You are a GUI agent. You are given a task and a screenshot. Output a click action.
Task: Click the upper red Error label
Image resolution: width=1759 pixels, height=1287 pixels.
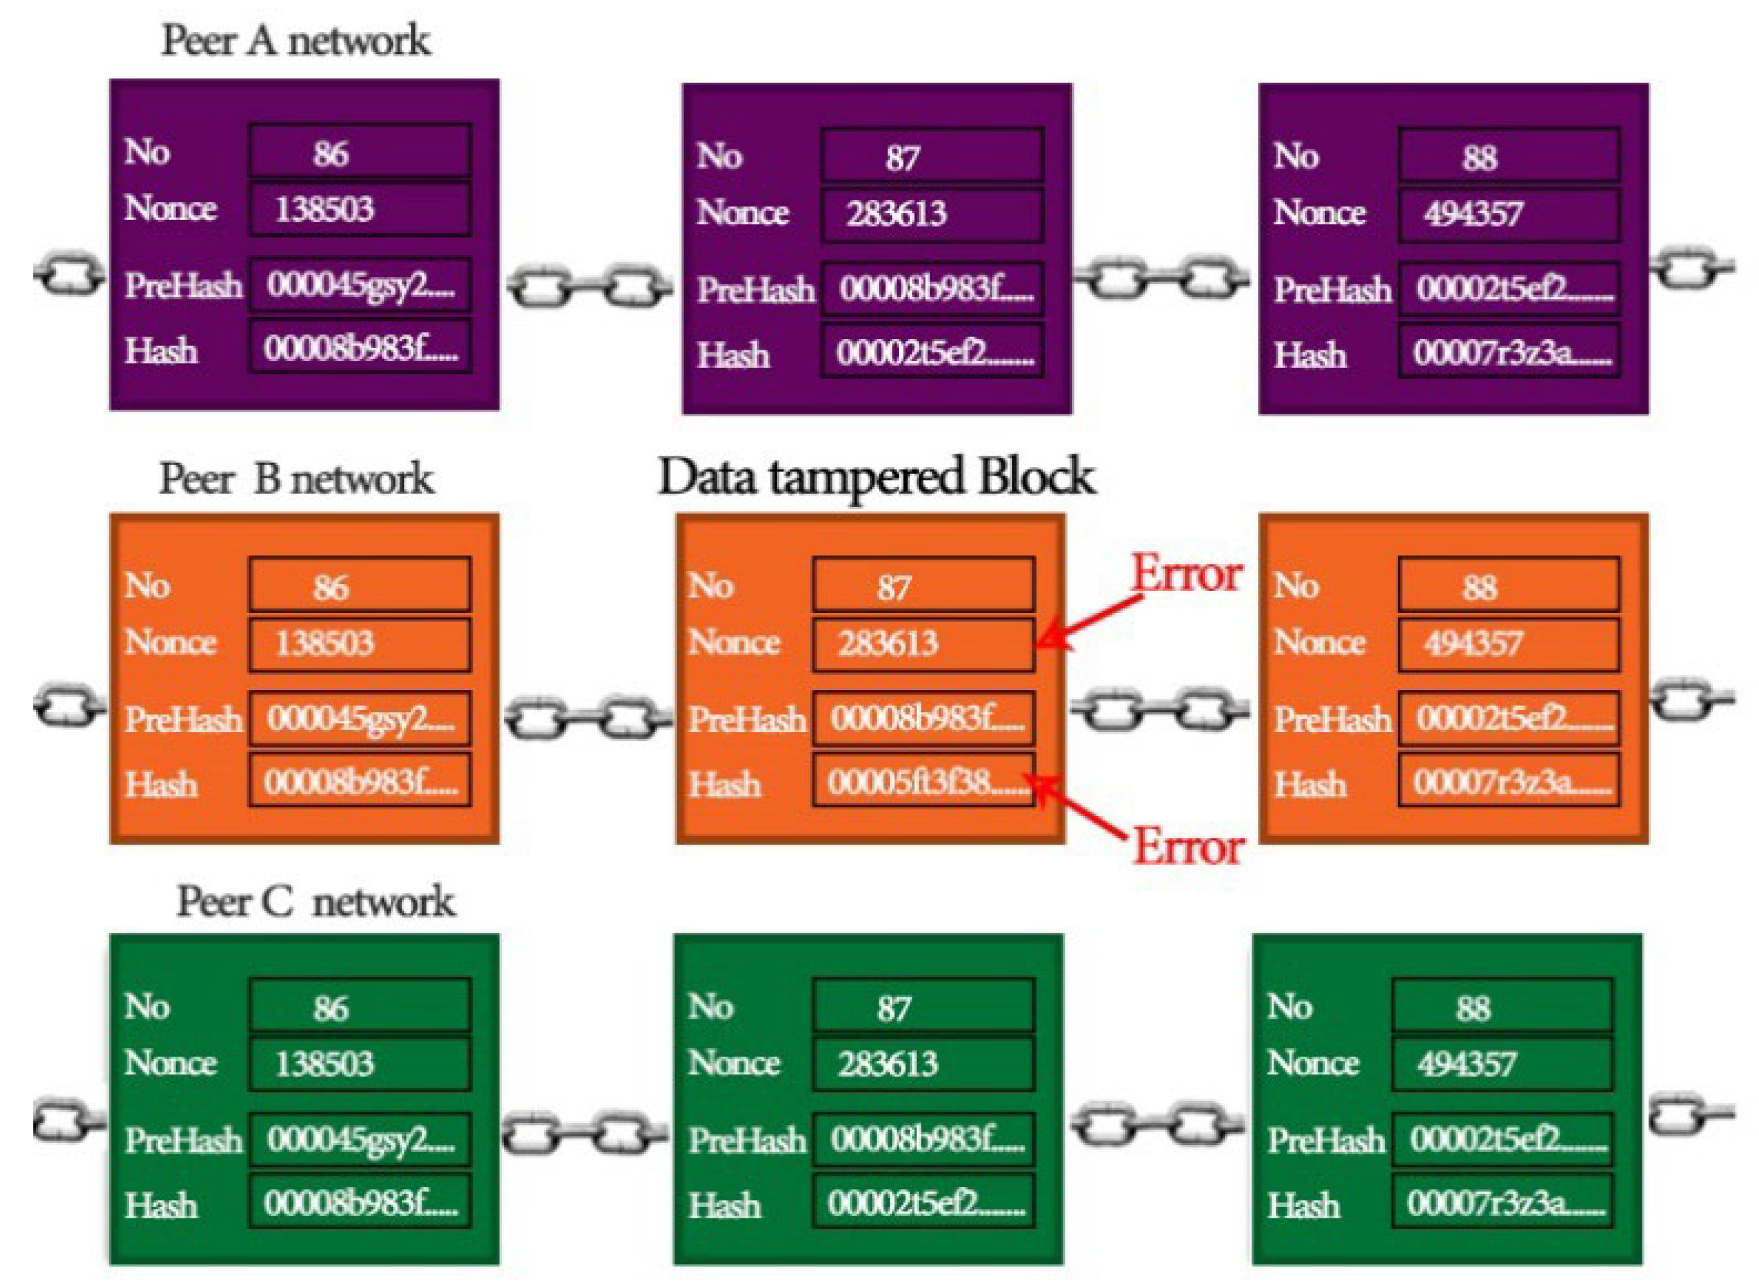pyautogui.click(x=1185, y=574)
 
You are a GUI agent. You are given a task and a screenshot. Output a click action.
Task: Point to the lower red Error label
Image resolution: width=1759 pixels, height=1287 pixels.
pyautogui.click(x=1188, y=846)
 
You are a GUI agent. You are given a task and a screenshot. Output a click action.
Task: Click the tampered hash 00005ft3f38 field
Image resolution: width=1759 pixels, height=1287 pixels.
pyautogui.click(x=923, y=780)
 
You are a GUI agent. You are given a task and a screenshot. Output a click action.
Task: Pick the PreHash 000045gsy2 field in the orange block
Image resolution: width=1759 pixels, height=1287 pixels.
pyautogui.click(x=360, y=717)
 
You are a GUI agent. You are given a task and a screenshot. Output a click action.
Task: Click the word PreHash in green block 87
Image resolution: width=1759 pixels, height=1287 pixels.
pyautogui.click(x=746, y=1140)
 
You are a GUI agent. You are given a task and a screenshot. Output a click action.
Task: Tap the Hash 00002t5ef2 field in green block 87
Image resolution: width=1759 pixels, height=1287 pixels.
pyautogui.click(x=923, y=1204)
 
